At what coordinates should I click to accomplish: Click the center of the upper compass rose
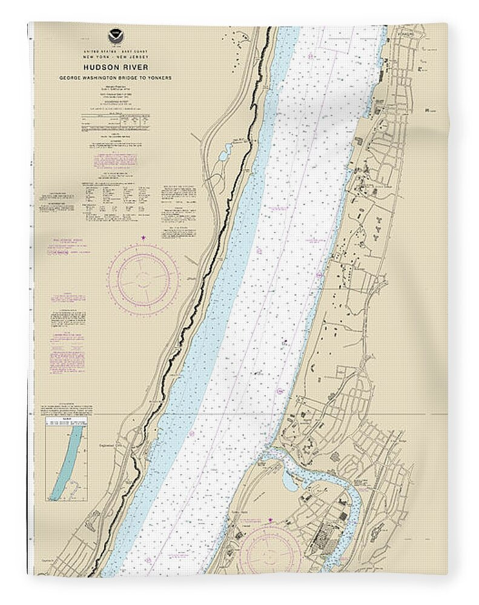[144, 278]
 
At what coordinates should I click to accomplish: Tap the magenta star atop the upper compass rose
[144, 238]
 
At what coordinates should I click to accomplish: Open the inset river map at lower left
[65, 460]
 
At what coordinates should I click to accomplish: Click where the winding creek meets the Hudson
[269, 455]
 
